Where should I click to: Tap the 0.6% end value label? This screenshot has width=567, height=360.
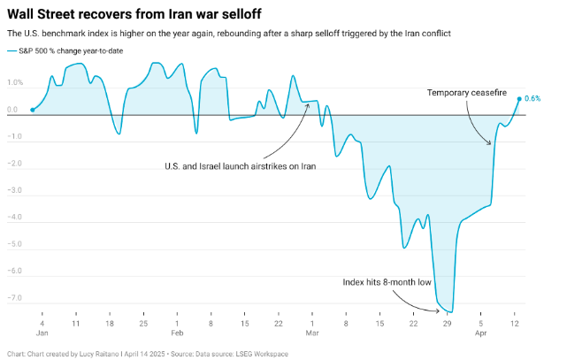pyautogui.click(x=533, y=99)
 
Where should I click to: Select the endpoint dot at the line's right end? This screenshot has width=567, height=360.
pyautogui.click(x=519, y=99)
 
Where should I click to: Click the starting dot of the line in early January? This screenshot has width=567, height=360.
pyautogui.click(x=32, y=111)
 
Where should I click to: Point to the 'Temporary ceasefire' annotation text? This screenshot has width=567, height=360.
pyautogui.click(x=466, y=92)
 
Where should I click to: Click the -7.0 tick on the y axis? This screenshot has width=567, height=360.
pyautogui.click(x=14, y=298)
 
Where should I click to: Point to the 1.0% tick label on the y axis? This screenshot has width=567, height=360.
pyautogui.click(x=15, y=83)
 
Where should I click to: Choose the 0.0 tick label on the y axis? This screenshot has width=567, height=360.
pyautogui.click(x=13, y=111)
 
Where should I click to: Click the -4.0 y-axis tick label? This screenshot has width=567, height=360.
pyautogui.click(x=14, y=218)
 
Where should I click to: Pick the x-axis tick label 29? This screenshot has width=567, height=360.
pyautogui.click(x=448, y=325)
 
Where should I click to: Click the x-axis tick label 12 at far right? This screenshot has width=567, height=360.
pyautogui.click(x=515, y=325)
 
